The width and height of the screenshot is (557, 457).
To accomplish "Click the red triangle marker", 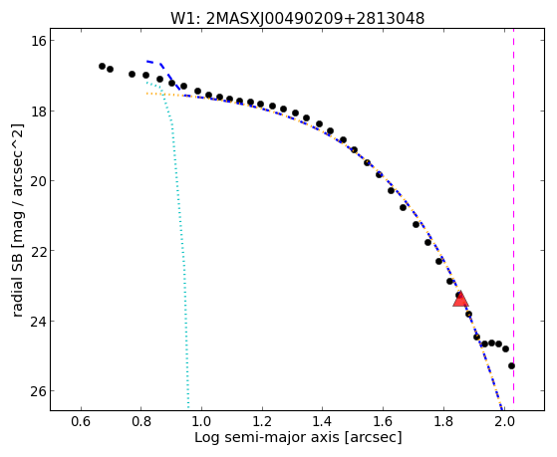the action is coord(460,299).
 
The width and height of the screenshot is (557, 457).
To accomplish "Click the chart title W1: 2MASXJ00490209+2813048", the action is coord(297,19).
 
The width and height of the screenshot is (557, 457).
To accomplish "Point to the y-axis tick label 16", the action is coord(38,41).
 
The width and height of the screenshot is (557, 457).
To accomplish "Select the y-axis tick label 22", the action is coord(38,251).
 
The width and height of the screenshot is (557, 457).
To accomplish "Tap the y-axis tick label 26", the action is coord(38,391).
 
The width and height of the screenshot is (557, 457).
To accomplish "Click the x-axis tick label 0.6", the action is coord(81,422).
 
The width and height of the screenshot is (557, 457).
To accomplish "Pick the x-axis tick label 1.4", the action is coord(322,422).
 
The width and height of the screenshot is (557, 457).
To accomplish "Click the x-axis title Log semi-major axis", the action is coord(267,438).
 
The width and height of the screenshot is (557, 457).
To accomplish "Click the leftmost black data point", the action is coord(103,66).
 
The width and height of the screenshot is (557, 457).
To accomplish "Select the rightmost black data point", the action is coord(511,365).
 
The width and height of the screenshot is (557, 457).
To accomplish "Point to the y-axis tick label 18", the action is coord(38,111).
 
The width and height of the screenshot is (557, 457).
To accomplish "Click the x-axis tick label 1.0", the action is coord(201,422).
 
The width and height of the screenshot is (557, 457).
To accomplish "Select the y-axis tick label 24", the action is coord(38,321).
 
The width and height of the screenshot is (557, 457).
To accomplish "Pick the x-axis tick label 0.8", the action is coord(141,422).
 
